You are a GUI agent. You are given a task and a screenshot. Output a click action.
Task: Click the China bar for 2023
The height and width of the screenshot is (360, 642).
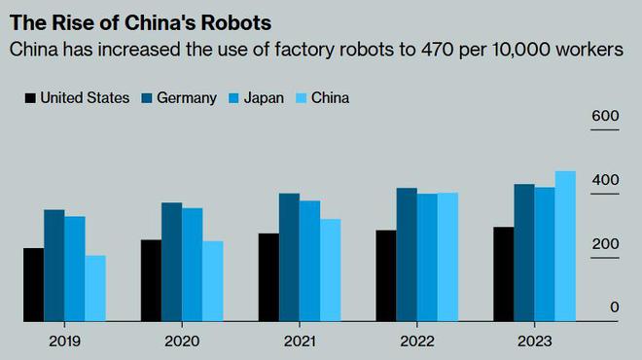point(565,246)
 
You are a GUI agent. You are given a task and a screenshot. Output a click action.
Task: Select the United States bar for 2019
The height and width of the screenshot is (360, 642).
point(34,284)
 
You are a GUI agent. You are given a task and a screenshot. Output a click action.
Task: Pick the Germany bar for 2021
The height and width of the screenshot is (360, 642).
point(289,257)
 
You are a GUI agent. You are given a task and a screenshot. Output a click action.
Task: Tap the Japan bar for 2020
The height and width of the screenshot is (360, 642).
point(193,264)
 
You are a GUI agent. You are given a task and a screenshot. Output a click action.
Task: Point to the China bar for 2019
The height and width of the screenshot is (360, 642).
point(95,288)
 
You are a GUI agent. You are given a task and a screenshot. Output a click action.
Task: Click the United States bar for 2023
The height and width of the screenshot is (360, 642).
point(504,273)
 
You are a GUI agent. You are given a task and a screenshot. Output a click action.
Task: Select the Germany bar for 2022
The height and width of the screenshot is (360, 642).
point(407,254)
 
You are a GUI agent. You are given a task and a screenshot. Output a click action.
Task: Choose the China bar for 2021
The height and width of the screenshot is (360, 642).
point(330,270)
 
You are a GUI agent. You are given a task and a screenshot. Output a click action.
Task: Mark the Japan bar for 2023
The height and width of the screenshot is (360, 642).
point(545,254)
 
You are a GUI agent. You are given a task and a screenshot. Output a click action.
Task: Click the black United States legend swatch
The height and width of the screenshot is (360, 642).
point(30,97)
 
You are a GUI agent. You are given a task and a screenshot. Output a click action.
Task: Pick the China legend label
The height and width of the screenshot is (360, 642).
point(332,97)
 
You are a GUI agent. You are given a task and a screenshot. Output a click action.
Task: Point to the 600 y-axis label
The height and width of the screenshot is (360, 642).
point(606,117)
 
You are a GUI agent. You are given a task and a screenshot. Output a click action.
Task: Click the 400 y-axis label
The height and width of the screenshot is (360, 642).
point(606,180)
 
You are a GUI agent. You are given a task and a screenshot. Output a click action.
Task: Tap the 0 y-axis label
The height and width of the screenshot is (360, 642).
point(614,307)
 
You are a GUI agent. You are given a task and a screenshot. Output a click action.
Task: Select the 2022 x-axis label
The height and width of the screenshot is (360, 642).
point(416,341)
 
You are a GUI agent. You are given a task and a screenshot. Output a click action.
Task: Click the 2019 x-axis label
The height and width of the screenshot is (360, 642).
point(64,341)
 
